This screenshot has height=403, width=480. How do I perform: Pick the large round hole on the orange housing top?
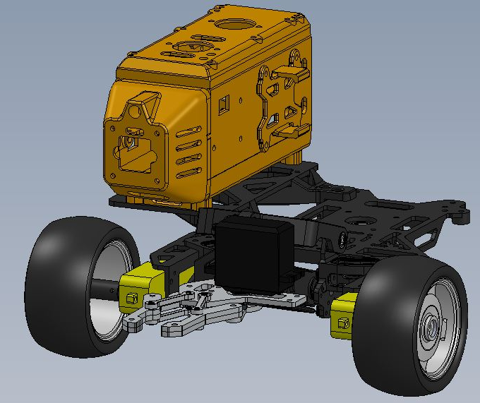[233, 24]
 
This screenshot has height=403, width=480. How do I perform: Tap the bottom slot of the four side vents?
[186, 173]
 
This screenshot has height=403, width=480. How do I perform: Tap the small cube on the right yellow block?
[344, 324]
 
